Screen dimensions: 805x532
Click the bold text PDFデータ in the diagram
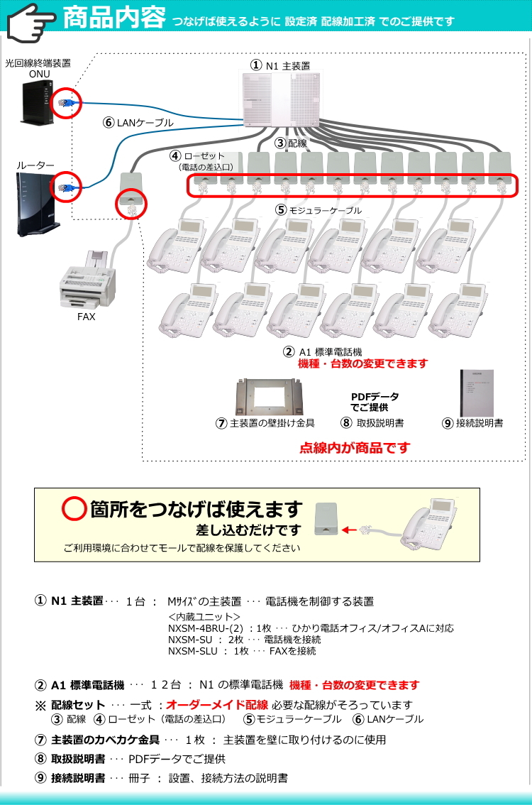tap(375, 397)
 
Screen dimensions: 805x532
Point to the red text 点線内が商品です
tap(355, 448)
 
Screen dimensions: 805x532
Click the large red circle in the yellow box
tap(74, 509)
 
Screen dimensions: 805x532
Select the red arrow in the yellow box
tap(349, 529)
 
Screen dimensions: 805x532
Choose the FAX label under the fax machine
tap(86, 317)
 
